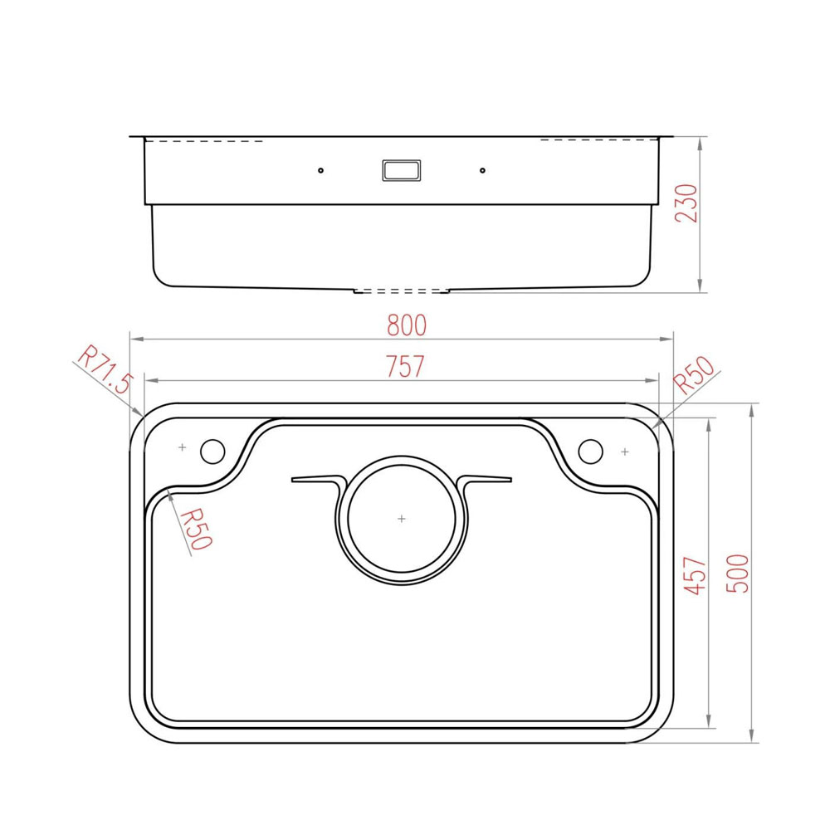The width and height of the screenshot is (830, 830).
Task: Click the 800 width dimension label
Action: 407,325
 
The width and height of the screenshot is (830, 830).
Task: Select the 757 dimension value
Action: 405,366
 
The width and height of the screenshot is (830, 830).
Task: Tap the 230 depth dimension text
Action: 686,203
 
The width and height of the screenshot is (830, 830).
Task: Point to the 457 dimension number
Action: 695,575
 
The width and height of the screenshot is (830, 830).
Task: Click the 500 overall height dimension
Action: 737,574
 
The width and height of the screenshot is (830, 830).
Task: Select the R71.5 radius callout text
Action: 105,369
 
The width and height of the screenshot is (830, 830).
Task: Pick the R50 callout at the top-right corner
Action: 694,375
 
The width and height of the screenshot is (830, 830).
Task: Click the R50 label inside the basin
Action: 196,529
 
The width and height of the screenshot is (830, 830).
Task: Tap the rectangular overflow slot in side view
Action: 402,170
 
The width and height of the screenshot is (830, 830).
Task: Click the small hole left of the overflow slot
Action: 320,170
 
